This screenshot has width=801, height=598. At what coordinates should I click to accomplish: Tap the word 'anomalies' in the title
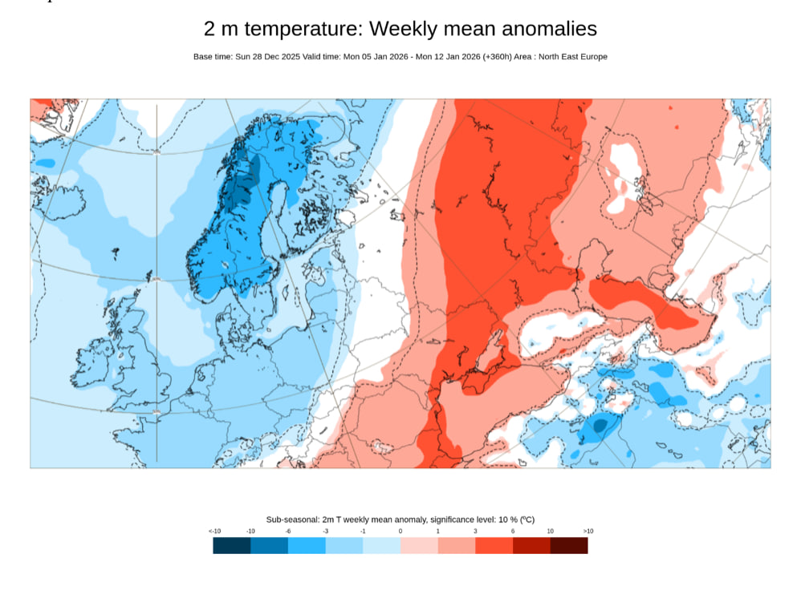[550, 29]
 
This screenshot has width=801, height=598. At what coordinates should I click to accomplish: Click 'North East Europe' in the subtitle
[572, 57]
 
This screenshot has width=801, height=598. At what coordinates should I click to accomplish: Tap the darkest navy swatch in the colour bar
[231, 545]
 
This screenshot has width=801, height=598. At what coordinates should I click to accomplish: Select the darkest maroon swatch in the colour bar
[569, 545]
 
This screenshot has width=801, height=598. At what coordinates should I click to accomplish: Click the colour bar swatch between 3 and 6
[494, 545]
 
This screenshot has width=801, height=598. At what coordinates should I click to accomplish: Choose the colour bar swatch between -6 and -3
[307, 545]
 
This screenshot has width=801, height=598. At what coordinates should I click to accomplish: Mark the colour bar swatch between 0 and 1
[419, 545]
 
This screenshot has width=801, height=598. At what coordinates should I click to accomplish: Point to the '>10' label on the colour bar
[588, 531]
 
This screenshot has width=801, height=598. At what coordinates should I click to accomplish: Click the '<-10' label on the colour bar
[214, 531]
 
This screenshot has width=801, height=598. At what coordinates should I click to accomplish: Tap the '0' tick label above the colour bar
[400, 531]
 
